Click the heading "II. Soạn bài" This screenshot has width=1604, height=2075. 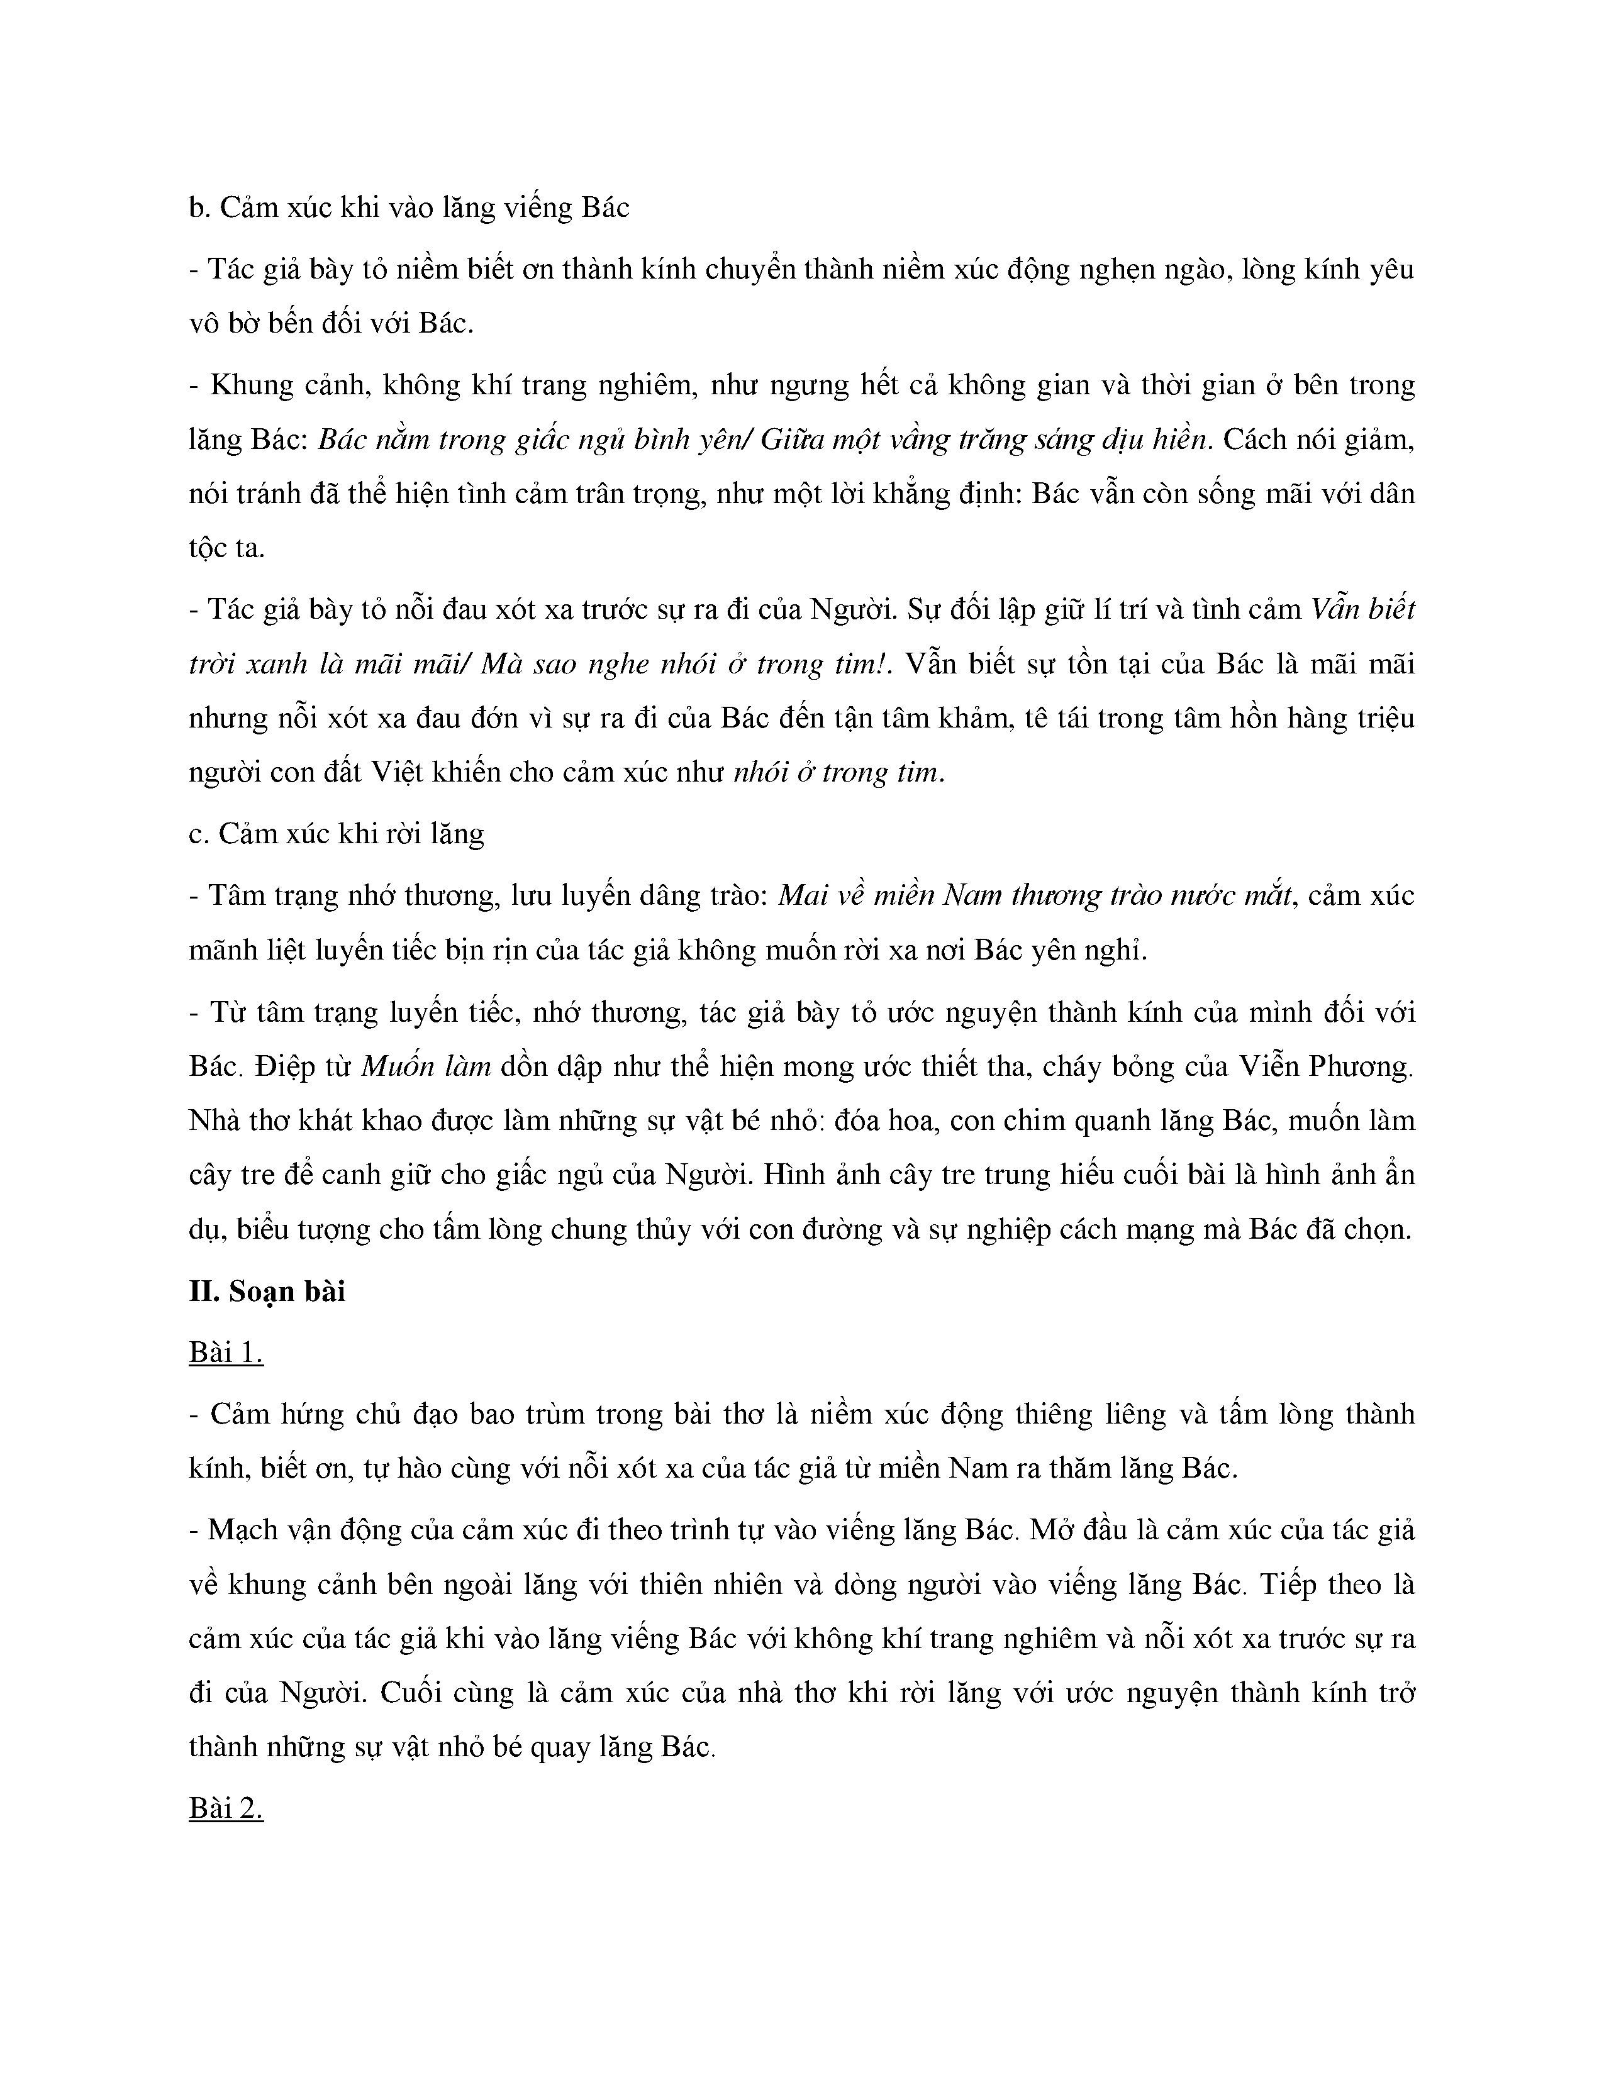(267, 1291)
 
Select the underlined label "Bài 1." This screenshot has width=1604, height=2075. (225, 1352)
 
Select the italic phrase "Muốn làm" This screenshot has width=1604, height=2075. (426, 1066)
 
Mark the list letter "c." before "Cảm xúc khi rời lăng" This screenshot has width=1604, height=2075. (199, 833)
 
